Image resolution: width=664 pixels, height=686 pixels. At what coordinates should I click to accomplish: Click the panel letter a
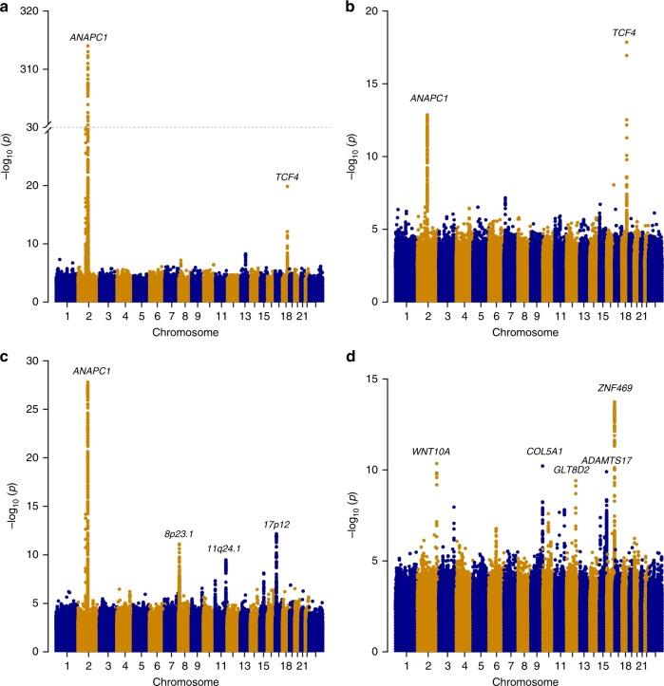pyautogui.click(x=6, y=7)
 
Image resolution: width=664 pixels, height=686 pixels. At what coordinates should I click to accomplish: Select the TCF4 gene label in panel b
pyautogui.click(x=624, y=33)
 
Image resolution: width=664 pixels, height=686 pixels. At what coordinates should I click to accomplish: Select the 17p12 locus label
pyautogui.click(x=276, y=524)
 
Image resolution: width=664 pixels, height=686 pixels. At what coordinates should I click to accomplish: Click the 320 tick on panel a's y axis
pyautogui.click(x=32, y=11)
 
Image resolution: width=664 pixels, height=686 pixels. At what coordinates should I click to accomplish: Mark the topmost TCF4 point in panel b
pyautogui.click(x=626, y=42)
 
